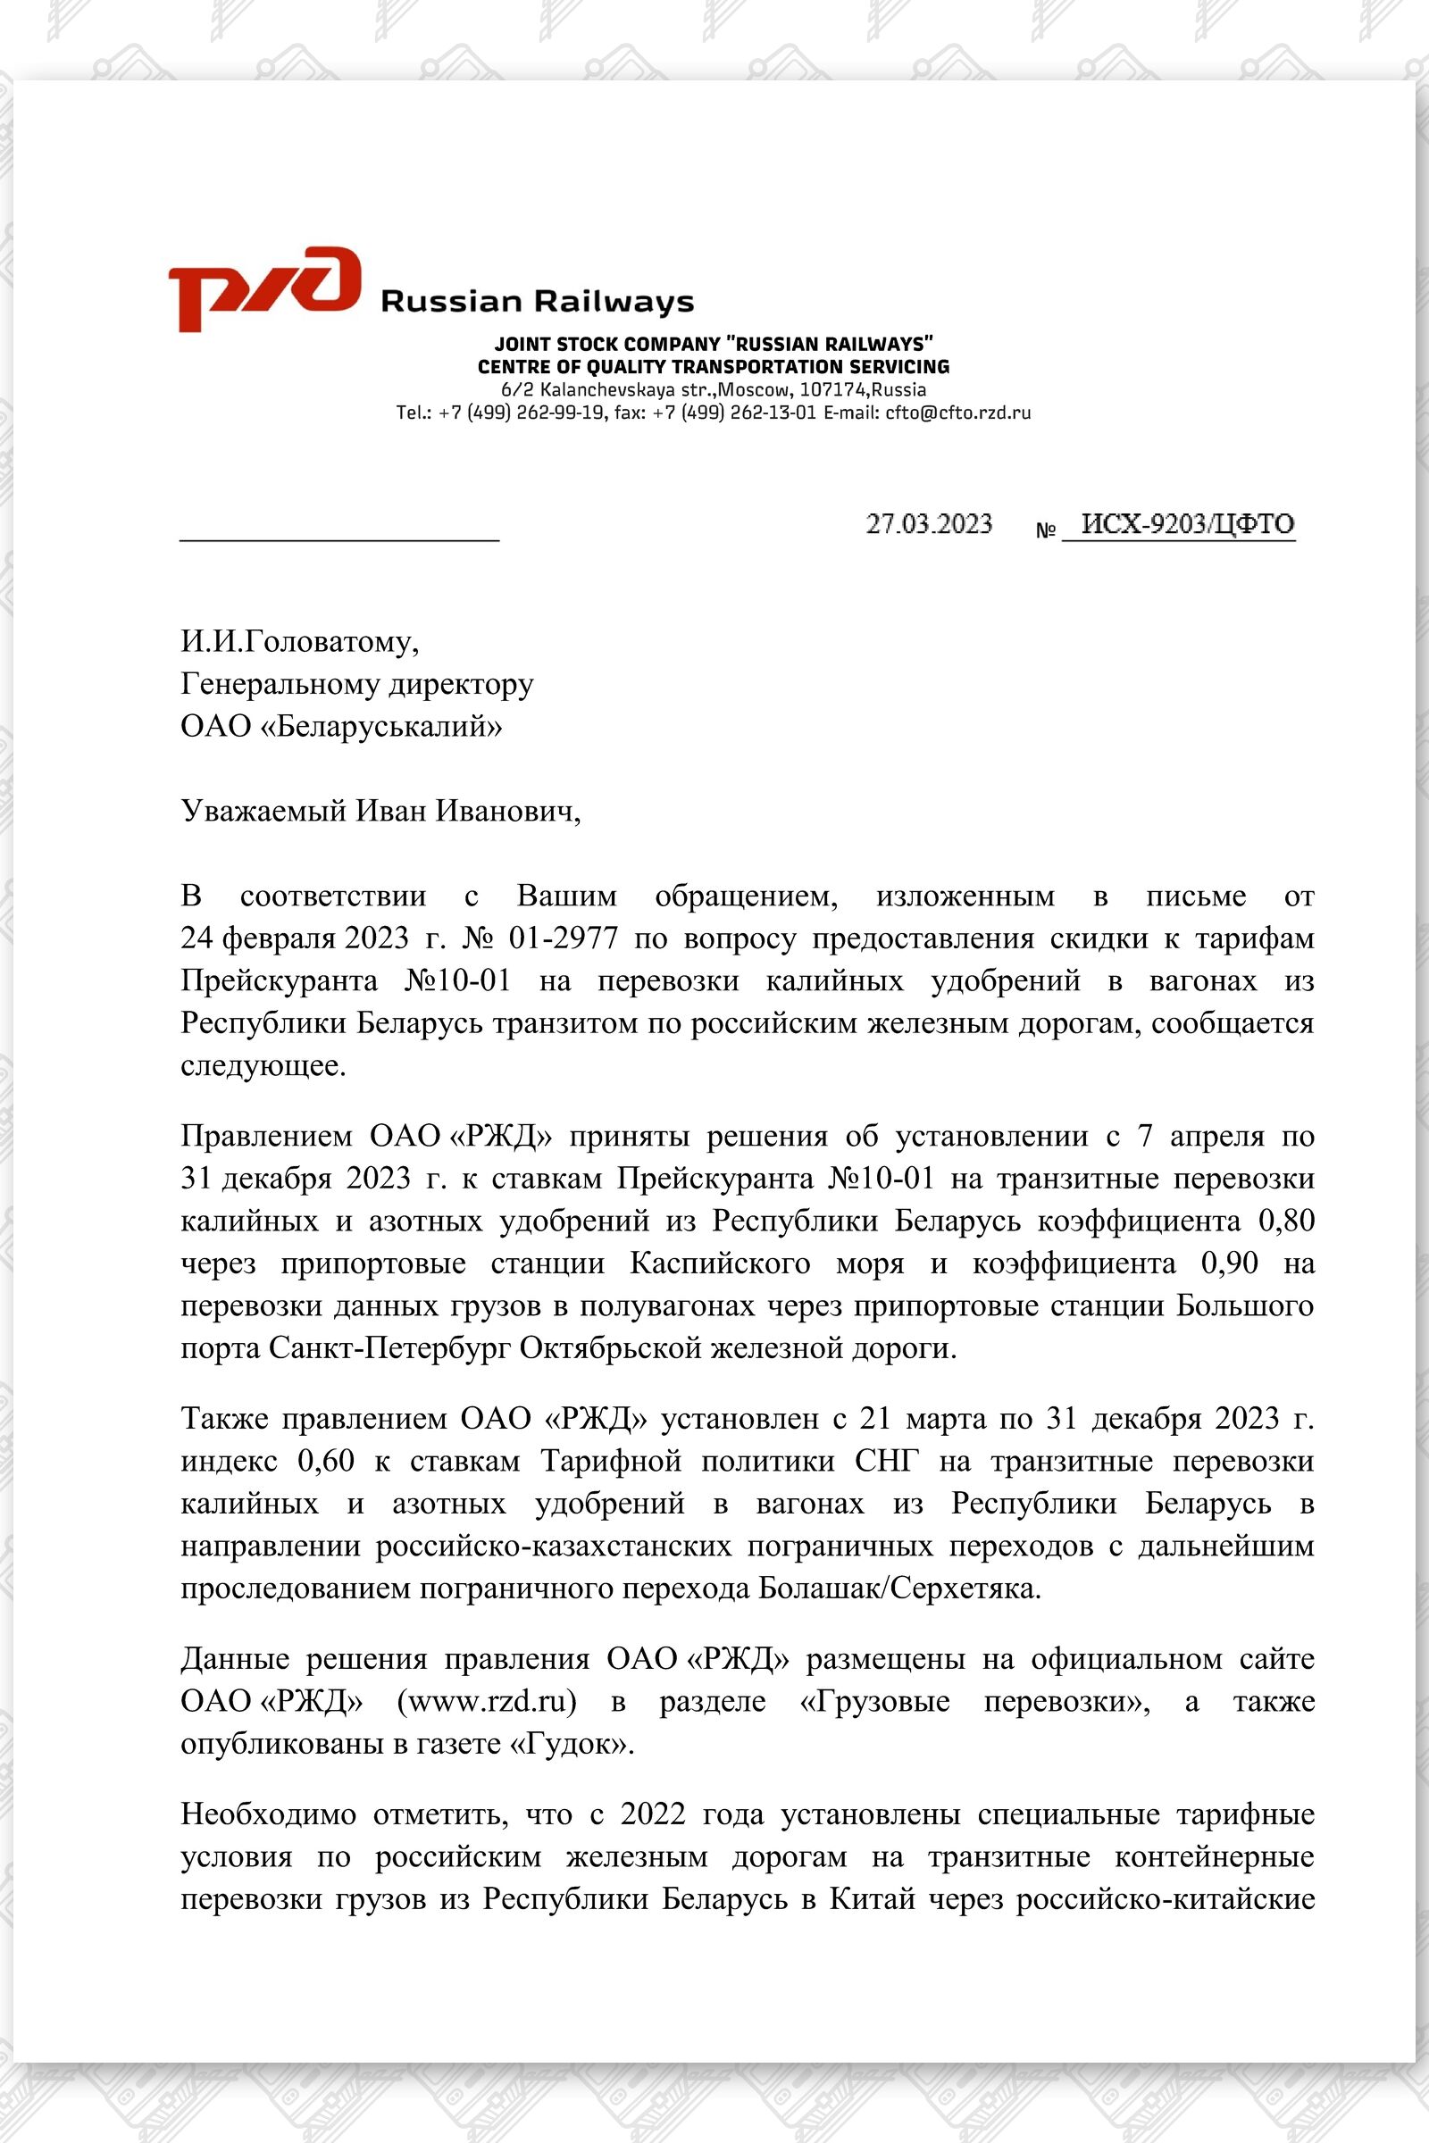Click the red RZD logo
click(x=264, y=287)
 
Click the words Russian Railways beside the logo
click(x=537, y=302)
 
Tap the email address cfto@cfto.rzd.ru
click(x=957, y=413)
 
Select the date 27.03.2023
click(x=929, y=524)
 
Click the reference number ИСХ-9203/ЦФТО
click(x=1187, y=524)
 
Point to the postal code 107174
click(x=834, y=390)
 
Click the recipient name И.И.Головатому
click(x=300, y=641)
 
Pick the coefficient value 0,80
click(x=1286, y=1220)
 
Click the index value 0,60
click(x=326, y=1461)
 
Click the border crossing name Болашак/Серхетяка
click(x=898, y=1588)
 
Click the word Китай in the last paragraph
click(x=872, y=1899)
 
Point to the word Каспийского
click(x=719, y=1263)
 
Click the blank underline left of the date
click(x=339, y=538)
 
